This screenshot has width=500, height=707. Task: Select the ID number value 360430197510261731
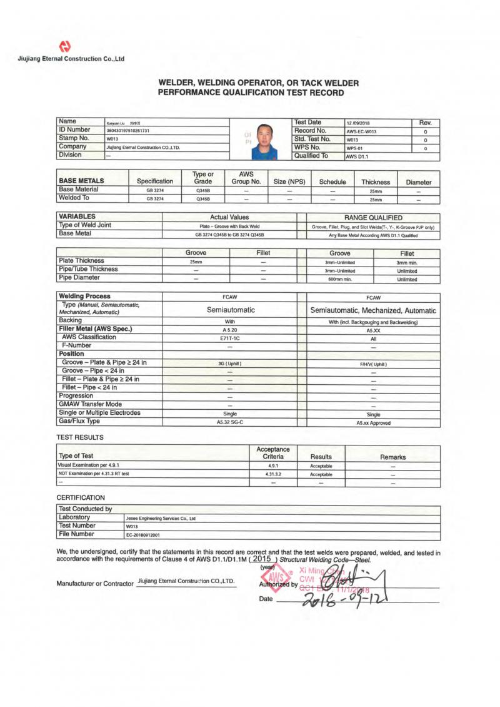coord(133,130)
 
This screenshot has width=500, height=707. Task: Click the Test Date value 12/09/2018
coord(359,123)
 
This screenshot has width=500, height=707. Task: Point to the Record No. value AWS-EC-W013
coord(363,132)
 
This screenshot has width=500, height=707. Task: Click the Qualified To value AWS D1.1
coord(358,157)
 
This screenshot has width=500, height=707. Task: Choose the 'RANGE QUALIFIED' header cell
coord(373,217)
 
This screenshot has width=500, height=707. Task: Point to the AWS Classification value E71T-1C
coord(230,337)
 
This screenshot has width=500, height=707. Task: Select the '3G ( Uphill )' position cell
coord(230,364)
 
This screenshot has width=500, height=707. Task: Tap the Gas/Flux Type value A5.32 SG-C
coord(230,422)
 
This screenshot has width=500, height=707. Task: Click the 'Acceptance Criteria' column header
coord(273,453)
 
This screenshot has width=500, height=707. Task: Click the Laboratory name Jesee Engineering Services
coord(161,518)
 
